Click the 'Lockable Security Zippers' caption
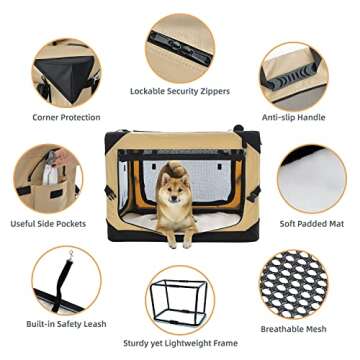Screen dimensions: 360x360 (x=179, y=91)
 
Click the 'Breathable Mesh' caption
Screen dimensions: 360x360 (x=306, y=329)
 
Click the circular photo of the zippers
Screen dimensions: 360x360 (x=179, y=41)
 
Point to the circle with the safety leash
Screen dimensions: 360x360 (x=66, y=284)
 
